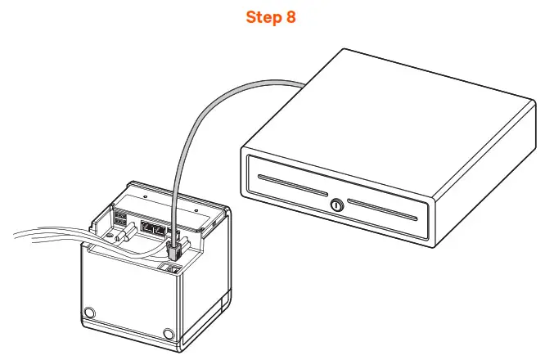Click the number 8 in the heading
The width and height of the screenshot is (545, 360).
click(291, 18)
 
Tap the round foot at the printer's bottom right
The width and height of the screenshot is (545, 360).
click(169, 333)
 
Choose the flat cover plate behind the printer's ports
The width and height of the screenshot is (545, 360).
click(164, 200)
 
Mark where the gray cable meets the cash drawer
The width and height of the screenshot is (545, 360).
click(301, 84)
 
